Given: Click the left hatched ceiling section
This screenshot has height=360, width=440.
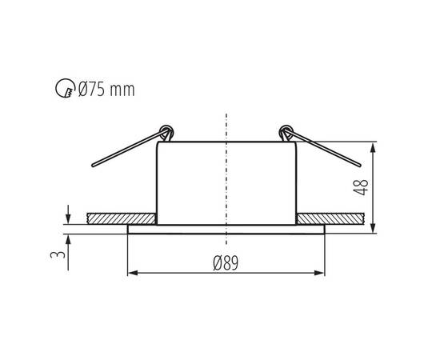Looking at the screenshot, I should point(121,218).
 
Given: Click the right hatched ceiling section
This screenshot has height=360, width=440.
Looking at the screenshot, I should point(332,218).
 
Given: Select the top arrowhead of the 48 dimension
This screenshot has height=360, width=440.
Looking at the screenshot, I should point(374,147).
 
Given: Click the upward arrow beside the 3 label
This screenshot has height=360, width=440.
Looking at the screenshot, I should point(68,240).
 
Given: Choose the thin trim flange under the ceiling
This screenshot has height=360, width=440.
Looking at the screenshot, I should point(226,228).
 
